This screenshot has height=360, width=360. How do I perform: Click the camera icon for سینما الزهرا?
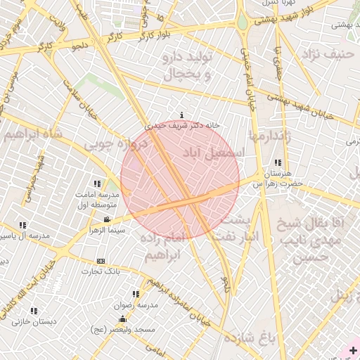point(105,220)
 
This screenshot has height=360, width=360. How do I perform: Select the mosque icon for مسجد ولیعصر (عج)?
point(123,319)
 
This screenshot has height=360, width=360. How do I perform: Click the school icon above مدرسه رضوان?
point(135,295)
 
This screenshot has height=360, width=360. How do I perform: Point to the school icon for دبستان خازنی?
point(34,311)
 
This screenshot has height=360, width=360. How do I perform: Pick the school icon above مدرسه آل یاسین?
point(23,226)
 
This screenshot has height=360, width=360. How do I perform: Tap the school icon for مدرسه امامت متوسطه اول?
point(97,184)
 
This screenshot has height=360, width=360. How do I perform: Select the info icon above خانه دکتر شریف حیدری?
point(183,115)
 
